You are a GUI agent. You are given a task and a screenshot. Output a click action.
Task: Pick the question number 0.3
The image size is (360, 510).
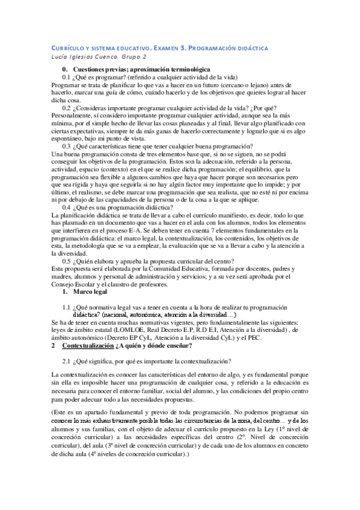pyautogui.click(x=66, y=147)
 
